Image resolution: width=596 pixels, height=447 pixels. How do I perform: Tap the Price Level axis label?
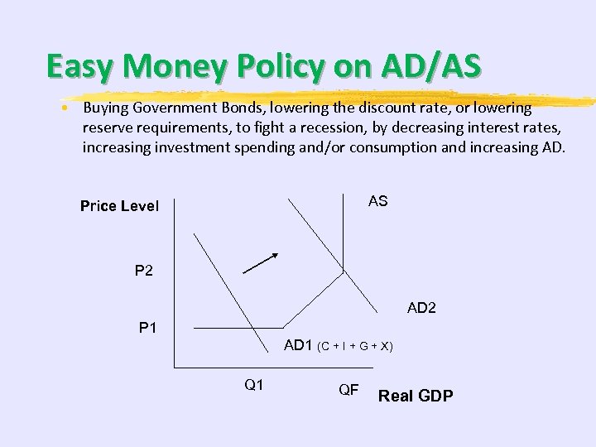point(119,206)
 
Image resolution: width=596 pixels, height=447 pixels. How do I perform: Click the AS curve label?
point(377,201)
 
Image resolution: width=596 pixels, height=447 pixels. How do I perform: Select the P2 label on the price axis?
point(144,271)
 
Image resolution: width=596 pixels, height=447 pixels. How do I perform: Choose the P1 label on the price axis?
point(148,328)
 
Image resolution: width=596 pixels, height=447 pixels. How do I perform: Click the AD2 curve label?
point(421,308)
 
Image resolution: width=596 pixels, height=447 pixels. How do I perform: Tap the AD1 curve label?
point(298,345)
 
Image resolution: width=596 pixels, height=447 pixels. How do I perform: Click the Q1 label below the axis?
point(254,383)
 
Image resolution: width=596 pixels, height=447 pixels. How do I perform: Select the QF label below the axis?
point(348,389)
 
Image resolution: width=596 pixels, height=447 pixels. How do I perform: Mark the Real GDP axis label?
point(416,396)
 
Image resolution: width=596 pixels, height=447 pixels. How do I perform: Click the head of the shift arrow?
point(276,256)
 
